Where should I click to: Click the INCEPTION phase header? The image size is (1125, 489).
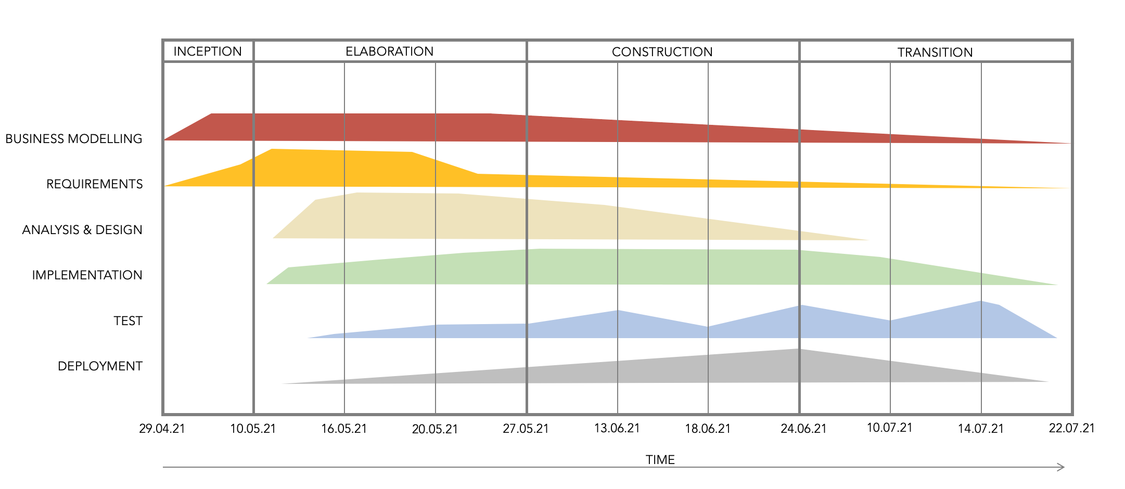click(208, 52)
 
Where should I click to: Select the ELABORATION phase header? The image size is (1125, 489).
click(389, 52)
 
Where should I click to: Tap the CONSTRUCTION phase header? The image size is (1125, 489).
click(662, 52)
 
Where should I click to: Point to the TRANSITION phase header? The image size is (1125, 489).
click(935, 53)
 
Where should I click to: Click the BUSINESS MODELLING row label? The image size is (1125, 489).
click(74, 139)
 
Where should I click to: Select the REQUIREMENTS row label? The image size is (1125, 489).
click(94, 184)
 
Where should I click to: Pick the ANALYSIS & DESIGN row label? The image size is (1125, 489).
click(82, 230)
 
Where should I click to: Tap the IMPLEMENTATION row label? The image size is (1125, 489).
click(87, 275)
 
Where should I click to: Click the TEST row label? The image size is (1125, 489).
click(128, 321)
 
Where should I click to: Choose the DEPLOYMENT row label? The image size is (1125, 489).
click(100, 366)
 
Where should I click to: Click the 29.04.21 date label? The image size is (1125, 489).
click(162, 429)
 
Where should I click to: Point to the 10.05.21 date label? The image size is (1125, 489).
click(253, 429)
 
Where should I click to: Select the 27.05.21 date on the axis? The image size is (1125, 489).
click(526, 429)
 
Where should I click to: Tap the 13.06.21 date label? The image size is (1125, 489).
click(617, 428)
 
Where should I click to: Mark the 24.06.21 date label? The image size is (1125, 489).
click(803, 429)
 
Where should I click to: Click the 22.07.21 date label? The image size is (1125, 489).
click(1072, 428)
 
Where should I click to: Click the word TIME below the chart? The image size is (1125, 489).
click(660, 460)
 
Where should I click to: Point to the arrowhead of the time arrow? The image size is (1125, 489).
click(1062, 467)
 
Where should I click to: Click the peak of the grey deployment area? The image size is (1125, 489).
click(800, 350)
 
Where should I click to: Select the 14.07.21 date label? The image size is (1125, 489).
click(981, 429)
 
